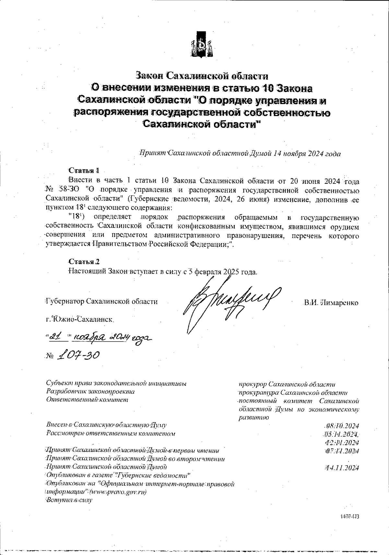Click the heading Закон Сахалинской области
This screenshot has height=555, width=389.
click(202, 76)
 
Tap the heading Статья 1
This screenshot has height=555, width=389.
click(83, 170)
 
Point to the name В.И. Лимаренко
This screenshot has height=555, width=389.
click(331, 303)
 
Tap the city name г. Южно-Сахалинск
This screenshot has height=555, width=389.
click(80, 319)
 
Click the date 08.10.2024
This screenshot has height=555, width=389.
click(341, 426)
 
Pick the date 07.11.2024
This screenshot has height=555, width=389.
click(341, 451)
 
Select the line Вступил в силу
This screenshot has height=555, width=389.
click(69, 500)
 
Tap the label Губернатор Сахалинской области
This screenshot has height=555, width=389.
click(101, 301)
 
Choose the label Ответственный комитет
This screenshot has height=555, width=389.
click(87, 399)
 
